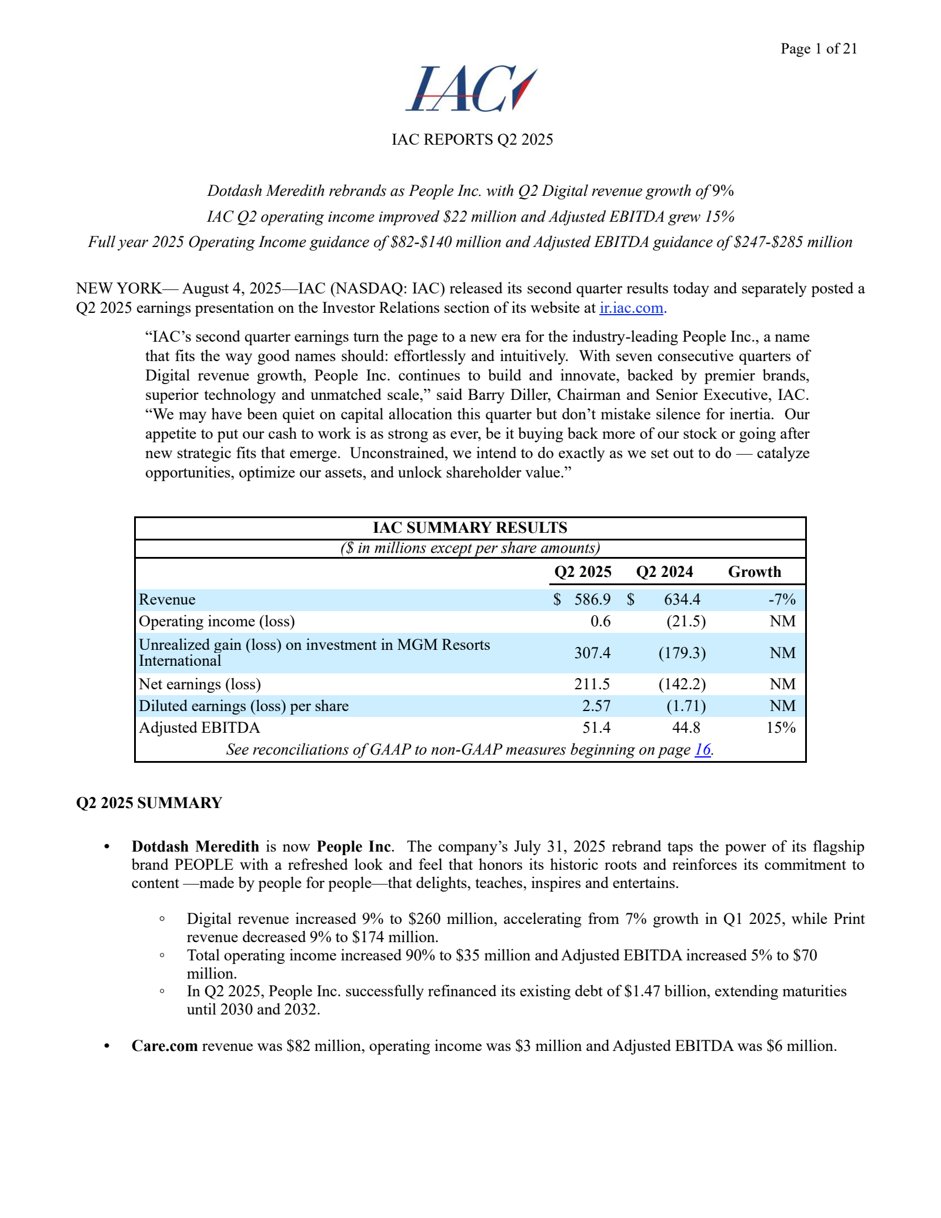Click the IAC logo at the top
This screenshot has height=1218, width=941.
(471, 89)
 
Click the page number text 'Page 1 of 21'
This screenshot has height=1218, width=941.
(819, 49)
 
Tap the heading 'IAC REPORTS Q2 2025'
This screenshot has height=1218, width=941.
(472, 139)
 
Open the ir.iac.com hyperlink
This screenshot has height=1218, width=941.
(631, 308)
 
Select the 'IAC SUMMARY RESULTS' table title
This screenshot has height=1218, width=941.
(470, 528)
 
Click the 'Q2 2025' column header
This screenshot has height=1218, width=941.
(583, 572)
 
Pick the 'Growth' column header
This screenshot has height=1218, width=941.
(755, 572)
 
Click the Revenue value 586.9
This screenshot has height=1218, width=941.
(592, 599)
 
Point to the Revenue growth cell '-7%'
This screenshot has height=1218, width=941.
(782, 599)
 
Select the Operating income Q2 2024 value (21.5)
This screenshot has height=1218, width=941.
(685, 621)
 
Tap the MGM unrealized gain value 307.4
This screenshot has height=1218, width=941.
(592, 653)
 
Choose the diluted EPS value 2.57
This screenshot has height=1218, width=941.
(596, 706)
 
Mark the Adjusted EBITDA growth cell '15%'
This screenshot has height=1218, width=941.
(780, 728)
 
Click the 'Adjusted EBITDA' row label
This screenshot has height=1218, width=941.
(199, 728)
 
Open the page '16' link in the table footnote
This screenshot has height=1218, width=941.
(702, 750)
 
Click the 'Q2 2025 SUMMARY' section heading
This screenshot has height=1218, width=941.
(149, 803)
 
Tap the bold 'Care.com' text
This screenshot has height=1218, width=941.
(165, 1046)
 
